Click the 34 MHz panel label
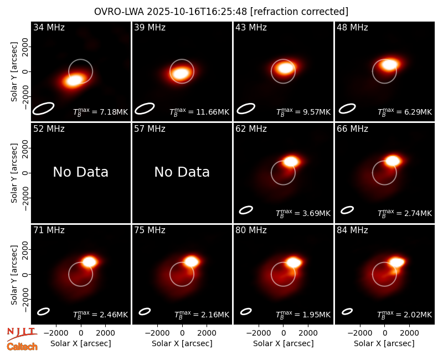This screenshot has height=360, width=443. click(49, 27)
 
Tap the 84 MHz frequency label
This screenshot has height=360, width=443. click(352, 230)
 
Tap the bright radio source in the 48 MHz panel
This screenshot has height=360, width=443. click(390, 65)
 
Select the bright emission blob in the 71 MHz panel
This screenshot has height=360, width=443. click(90, 261)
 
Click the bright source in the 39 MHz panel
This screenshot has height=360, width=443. click(181, 74)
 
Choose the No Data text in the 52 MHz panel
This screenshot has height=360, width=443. click(81, 172)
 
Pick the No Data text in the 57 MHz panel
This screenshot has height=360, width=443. click(182, 172)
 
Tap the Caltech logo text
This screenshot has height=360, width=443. click(22, 347)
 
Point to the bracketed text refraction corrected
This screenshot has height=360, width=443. click(299, 12)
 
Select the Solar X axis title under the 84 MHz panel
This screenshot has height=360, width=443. click(384, 343)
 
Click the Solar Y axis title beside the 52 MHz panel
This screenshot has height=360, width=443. click(14, 173)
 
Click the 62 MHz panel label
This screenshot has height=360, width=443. click(251, 129)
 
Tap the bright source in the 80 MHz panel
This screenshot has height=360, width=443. click(293, 262)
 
